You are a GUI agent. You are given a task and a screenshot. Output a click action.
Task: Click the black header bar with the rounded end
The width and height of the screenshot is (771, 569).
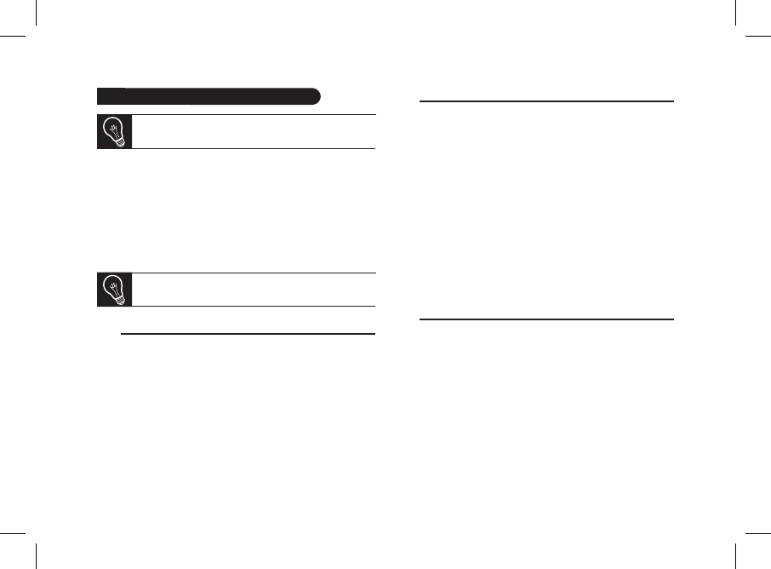tap(208, 95)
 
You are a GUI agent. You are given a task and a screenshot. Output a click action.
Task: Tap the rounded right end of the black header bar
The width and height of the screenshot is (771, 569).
tap(316, 95)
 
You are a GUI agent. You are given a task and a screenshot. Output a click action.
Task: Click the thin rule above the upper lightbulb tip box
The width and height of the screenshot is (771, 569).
tap(254, 115)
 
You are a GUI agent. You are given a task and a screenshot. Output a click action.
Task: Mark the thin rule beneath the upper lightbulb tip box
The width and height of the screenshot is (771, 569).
tap(254, 149)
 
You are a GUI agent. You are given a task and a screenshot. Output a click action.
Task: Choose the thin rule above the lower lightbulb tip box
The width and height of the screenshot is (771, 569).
tap(254, 273)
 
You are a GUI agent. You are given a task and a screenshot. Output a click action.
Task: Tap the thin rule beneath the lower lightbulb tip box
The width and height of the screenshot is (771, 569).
tap(254, 307)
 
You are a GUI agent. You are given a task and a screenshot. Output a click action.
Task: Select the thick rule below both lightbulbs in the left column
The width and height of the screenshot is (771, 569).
tap(248, 334)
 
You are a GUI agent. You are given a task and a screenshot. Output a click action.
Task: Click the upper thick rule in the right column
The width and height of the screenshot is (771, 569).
tap(547, 101)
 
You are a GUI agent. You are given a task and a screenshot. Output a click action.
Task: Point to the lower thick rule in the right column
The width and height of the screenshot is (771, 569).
tap(547, 319)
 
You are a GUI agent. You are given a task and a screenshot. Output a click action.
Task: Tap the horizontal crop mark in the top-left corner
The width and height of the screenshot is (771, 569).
tap(13, 36)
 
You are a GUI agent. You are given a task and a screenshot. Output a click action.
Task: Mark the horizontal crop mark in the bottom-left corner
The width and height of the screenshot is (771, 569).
tap(13, 533)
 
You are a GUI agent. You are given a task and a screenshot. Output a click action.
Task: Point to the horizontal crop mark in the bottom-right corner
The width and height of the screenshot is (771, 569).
tap(757, 533)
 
